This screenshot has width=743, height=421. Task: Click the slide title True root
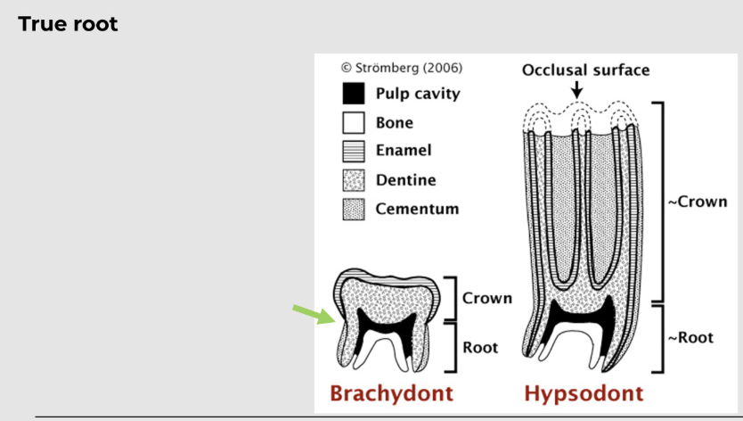pos(68,24)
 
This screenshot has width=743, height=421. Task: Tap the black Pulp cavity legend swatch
pos(354,94)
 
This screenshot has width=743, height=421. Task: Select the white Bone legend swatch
pos(354,122)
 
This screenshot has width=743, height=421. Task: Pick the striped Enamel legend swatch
pos(354,152)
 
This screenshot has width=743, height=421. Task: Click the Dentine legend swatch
pos(354,180)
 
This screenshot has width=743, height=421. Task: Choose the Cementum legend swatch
pos(354,210)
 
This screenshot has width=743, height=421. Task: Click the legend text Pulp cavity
pos(418,94)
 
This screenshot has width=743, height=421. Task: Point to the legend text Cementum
pos(417,210)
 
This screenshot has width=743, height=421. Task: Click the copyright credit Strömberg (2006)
pos(402,68)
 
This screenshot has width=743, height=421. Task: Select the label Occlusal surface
pos(585,70)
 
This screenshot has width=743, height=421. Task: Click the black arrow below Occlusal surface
pos(577,89)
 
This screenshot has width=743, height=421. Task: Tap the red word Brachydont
pos(391,393)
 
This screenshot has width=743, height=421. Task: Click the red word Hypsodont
pos(584,393)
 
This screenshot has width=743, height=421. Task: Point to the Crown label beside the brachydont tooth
pos(487,298)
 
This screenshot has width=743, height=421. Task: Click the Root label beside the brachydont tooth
pos(480,346)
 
